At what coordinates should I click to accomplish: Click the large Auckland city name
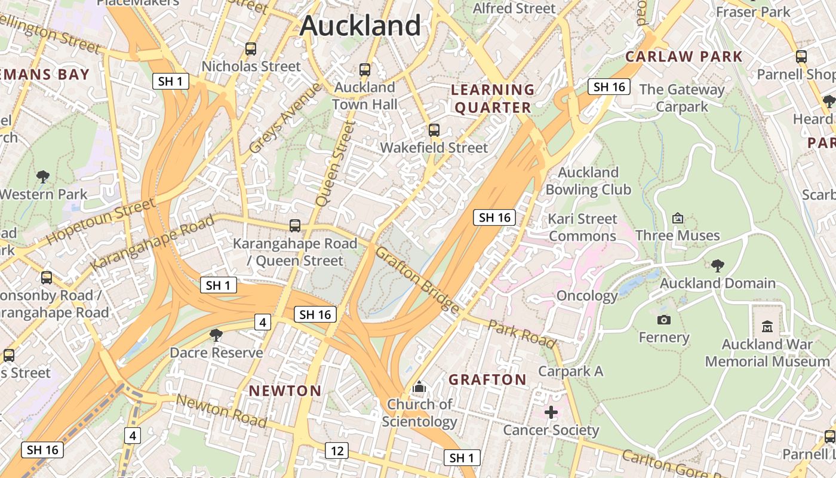(x=361, y=26)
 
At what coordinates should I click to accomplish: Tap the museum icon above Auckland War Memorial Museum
(x=767, y=326)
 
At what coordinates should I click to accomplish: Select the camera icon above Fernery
(x=664, y=320)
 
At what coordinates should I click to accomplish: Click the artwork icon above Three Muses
(x=677, y=218)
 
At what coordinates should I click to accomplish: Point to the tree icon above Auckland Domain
(x=717, y=265)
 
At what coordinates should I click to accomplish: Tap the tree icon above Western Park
(x=42, y=176)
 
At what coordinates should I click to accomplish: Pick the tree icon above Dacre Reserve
(x=216, y=335)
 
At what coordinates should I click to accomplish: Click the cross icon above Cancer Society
(x=551, y=412)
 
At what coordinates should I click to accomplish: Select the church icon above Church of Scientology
(x=419, y=387)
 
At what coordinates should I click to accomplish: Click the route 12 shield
(x=337, y=451)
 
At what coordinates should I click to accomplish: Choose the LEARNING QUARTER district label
(x=491, y=99)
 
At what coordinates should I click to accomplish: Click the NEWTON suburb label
(x=285, y=391)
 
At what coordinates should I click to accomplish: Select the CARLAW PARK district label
(x=684, y=57)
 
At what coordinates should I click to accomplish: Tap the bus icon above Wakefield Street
(x=434, y=130)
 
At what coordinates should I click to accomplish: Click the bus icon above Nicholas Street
(x=251, y=49)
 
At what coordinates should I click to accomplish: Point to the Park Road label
(x=522, y=333)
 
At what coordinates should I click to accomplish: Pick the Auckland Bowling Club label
(x=588, y=181)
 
